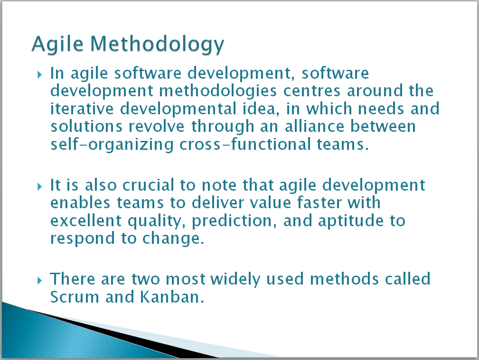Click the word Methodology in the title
(157, 45)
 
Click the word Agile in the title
(57, 45)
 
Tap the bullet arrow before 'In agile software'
(39, 74)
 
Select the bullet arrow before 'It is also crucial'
(39, 186)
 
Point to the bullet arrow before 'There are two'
(39, 280)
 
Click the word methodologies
(218, 92)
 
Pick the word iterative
(82, 109)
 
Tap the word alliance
(314, 127)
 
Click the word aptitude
(351, 221)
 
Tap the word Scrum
(75, 297)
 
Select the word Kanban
(172, 297)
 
